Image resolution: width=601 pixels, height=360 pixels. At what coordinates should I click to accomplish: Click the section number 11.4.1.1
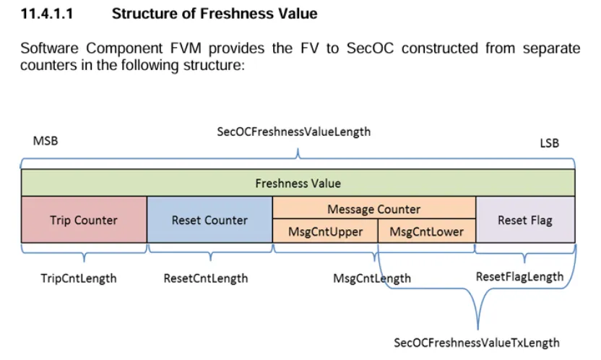[47, 14]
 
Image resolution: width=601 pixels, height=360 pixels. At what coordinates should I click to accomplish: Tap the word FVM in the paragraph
[186, 48]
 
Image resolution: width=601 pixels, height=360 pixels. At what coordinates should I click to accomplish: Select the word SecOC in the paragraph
[370, 48]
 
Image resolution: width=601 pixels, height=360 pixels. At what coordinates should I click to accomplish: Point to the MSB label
[46, 141]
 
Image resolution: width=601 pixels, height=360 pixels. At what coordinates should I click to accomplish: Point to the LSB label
[549, 143]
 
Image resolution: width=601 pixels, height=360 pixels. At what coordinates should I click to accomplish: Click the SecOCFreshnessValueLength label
[293, 132]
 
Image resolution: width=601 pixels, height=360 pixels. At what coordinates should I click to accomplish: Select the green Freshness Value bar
[298, 183]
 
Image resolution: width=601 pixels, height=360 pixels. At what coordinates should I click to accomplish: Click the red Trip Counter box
[84, 220]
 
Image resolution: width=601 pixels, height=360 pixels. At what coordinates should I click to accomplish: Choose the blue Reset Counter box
[209, 220]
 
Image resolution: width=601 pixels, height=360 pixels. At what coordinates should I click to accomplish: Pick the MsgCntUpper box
[325, 231]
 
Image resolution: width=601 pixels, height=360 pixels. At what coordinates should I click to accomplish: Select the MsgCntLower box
[427, 231]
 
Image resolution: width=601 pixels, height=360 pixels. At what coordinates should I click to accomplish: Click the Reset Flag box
[525, 220]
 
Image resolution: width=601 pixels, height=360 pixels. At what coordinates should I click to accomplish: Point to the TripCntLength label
[79, 278]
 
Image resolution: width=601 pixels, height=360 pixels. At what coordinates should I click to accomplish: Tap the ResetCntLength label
[205, 278]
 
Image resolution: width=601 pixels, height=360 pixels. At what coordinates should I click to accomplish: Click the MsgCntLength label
[372, 278]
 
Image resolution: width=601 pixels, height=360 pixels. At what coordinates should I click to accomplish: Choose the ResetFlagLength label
[519, 276]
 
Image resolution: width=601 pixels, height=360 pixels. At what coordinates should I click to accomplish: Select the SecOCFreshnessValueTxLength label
[477, 343]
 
